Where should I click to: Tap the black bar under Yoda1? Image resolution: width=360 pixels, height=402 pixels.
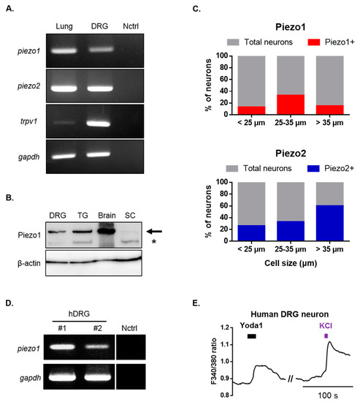point(252,336)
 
